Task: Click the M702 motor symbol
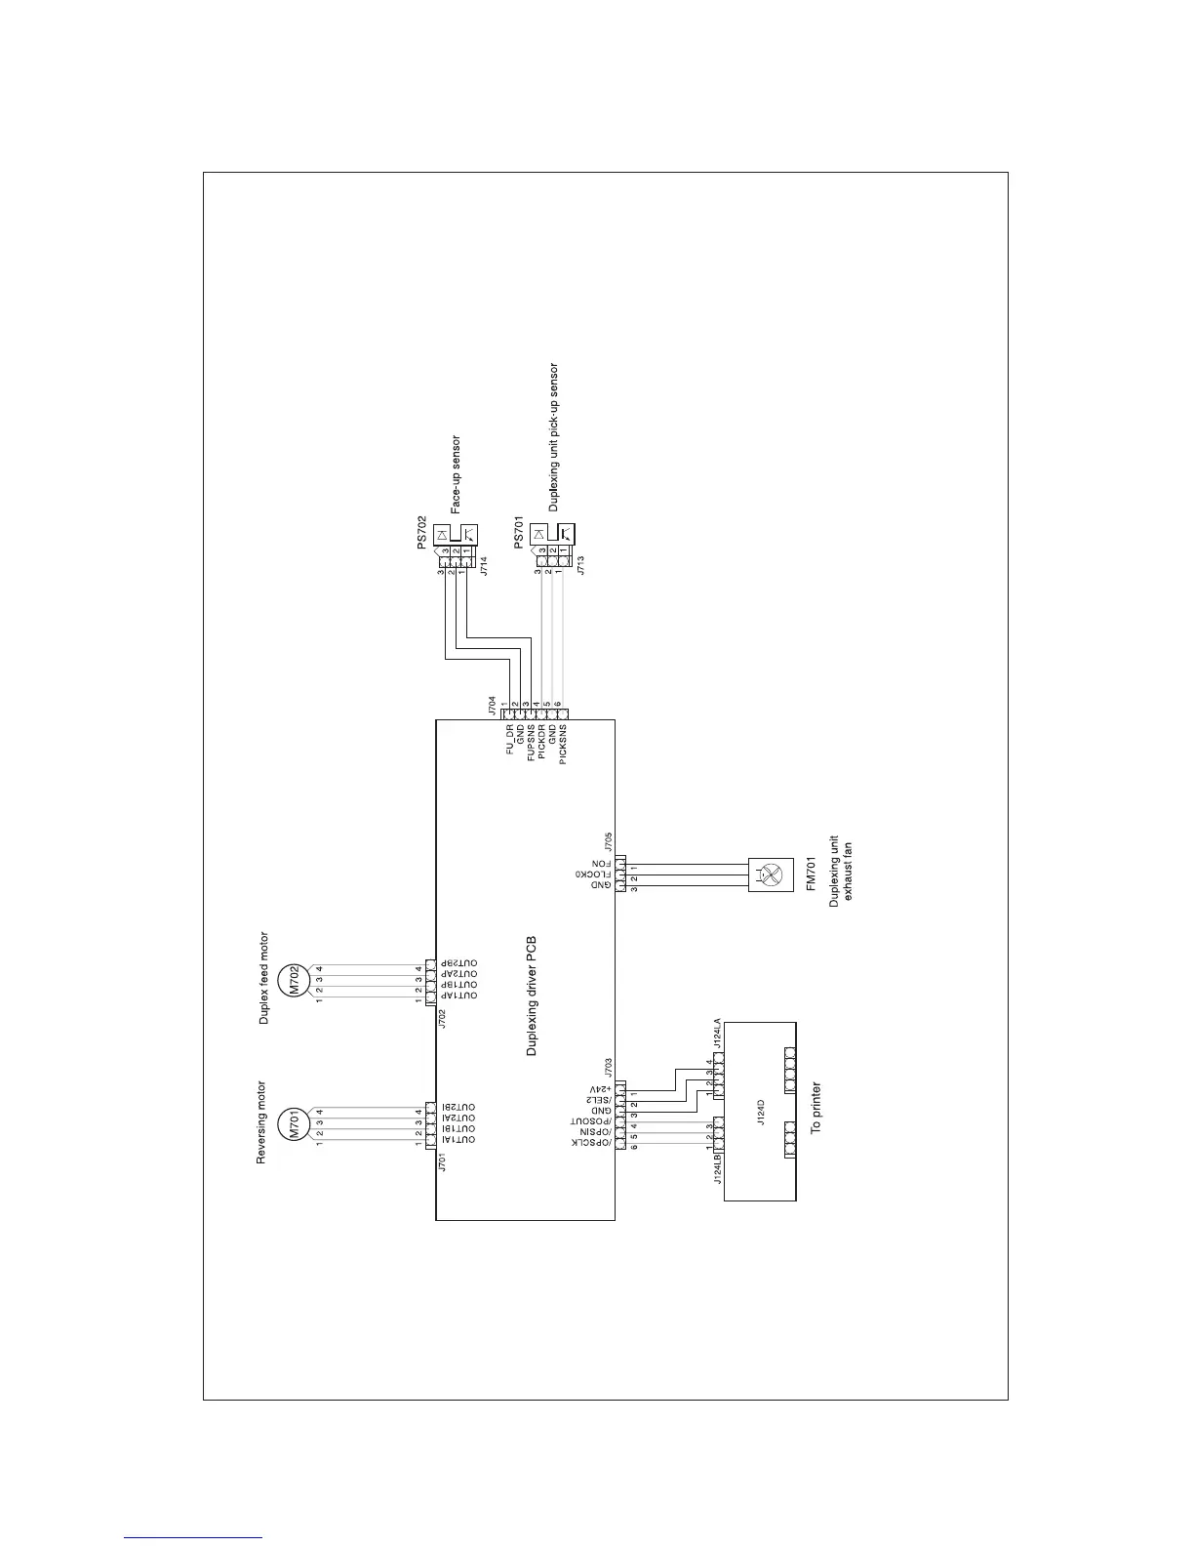tap(295, 980)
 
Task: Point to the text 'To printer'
tap(816, 1107)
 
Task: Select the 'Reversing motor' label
tap(261, 1122)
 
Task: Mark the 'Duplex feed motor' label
tap(263, 978)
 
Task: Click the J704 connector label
tap(494, 705)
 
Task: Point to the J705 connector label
tap(608, 841)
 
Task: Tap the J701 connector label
tap(443, 1161)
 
